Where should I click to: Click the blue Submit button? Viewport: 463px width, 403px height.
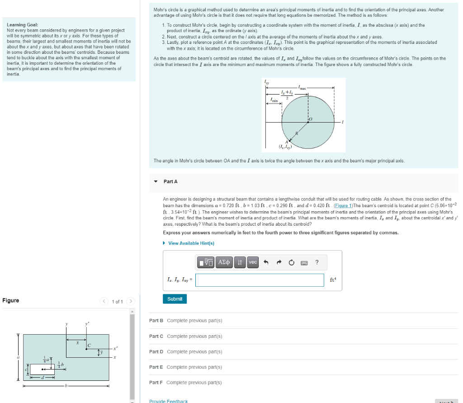[175, 299]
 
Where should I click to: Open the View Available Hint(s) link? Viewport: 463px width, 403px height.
[191, 243]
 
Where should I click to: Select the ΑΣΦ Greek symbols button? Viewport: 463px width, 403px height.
[224, 262]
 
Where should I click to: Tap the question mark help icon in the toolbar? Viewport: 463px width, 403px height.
[317, 262]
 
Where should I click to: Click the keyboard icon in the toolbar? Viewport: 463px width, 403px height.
[303, 262]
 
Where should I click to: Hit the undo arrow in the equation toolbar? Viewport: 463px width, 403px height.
[266, 262]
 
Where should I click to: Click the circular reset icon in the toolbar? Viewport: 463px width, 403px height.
[291, 262]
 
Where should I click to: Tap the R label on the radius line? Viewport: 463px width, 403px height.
[297, 133]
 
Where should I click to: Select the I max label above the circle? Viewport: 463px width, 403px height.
[302, 87]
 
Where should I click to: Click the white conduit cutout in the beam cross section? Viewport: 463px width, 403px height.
[42, 369]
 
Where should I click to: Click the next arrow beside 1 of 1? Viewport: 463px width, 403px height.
[130, 301]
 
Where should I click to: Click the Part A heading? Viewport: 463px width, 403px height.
[170, 181]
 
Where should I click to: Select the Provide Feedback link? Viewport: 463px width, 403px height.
[168, 401]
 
